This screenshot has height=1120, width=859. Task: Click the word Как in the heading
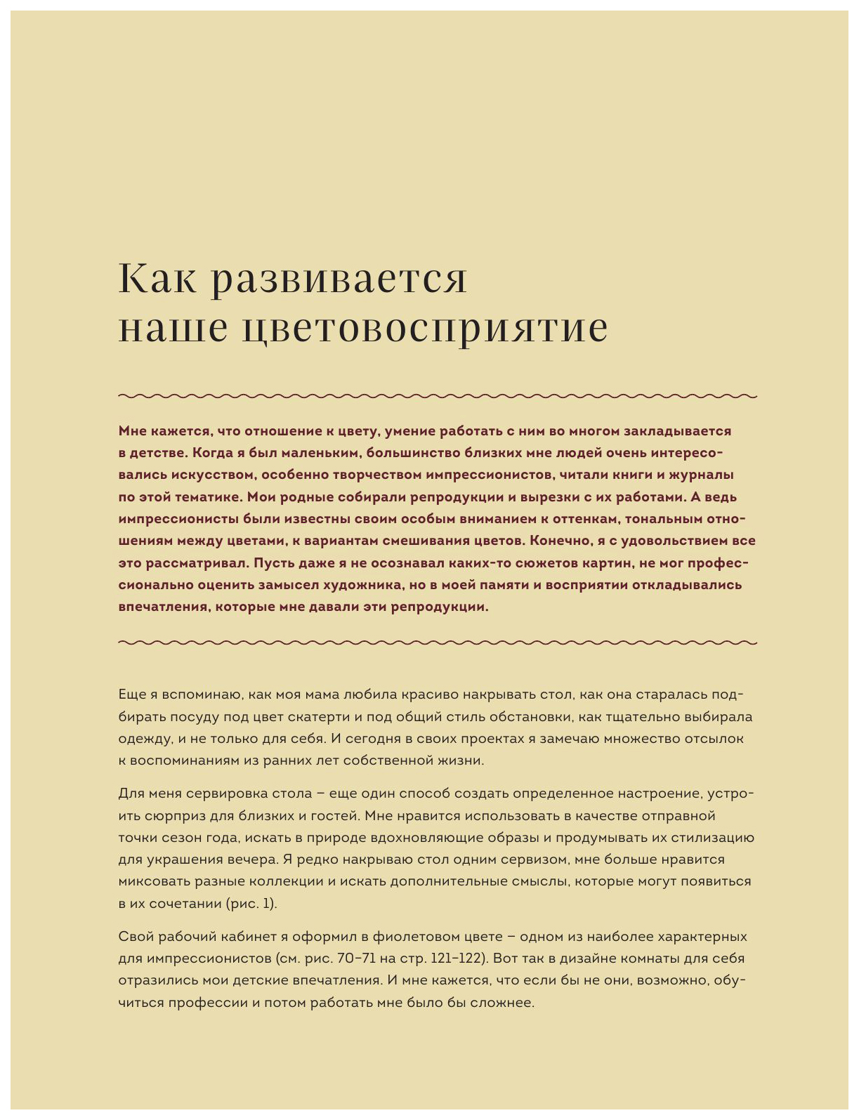pyautogui.click(x=155, y=278)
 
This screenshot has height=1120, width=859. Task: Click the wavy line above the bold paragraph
pyautogui.click(x=438, y=396)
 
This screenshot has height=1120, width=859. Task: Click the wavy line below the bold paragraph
pyautogui.click(x=438, y=642)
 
